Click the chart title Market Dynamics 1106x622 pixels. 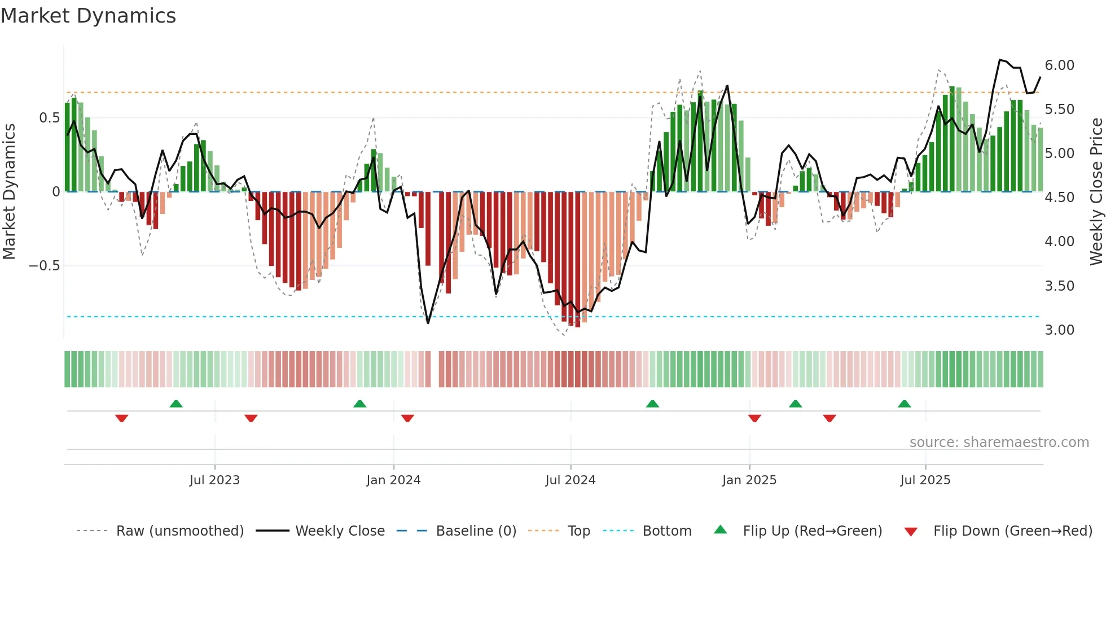click(x=89, y=16)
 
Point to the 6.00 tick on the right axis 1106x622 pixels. click(x=1059, y=65)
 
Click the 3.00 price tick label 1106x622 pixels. click(x=1059, y=330)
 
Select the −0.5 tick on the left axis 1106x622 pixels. click(x=45, y=266)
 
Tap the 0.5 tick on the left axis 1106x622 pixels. click(x=49, y=118)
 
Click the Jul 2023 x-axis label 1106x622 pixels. click(x=214, y=480)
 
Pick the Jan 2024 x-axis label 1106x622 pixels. click(x=393, y=480)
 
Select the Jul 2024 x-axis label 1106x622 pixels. click(x=570, y=480)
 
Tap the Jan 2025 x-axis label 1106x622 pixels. click(x=749, y=480)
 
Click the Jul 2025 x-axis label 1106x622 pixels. click(x=925, y=480)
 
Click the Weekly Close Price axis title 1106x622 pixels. click(x=1096, y=192)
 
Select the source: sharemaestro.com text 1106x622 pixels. click(x=999, y=443)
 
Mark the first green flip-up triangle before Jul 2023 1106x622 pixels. click(x=176, y=404)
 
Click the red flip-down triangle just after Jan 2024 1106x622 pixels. click(x=407, y=418)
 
